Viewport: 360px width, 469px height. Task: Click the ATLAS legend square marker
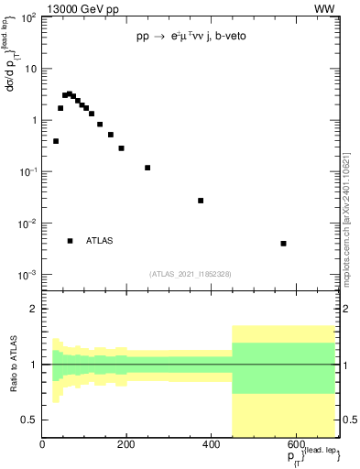[70, 241]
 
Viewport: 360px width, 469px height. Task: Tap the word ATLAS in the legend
[100, 241]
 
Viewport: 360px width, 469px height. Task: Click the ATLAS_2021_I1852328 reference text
[191, 274]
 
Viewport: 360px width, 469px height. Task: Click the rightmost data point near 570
[284, 244]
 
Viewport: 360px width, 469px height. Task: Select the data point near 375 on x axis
[201, 201]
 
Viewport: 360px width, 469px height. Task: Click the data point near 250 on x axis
[147, 168]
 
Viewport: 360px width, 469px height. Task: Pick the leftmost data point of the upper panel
[56, 141]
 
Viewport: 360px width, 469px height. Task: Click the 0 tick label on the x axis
[42, 446]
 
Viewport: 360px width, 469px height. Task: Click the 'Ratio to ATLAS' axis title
[14, 364]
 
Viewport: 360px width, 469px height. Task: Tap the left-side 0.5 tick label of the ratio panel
[29, 420]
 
